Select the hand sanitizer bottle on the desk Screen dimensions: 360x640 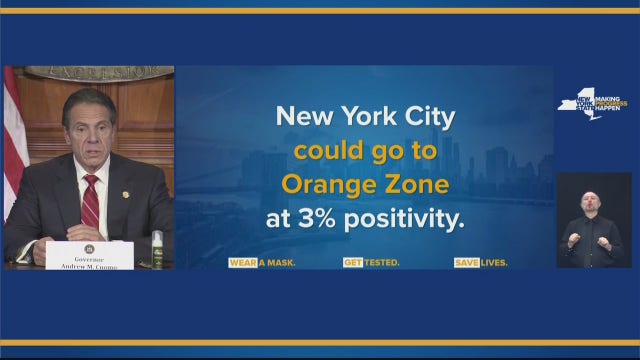point(156,250)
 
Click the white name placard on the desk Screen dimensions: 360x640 point(88,254)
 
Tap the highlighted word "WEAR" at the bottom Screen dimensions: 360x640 point(242,263)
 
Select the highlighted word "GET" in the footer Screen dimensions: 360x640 point(352,263)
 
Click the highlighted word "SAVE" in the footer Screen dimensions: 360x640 point(465,263)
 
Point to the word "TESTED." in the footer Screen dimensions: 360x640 point(381,263)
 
